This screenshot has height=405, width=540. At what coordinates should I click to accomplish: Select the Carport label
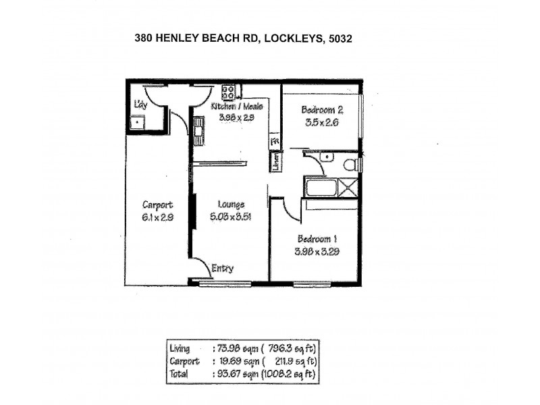click(158, 205)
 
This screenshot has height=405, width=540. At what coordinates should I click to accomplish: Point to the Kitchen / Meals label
click(236, 107)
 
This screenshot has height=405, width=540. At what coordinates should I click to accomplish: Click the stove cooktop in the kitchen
click(228, 91)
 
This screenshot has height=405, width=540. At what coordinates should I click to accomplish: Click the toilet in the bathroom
click(350, 164)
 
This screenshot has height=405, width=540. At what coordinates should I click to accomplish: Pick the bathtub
click(322, 187)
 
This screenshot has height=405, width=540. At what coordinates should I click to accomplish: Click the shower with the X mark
click(350, 187)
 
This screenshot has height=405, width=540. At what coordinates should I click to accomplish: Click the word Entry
click(222, 268)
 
